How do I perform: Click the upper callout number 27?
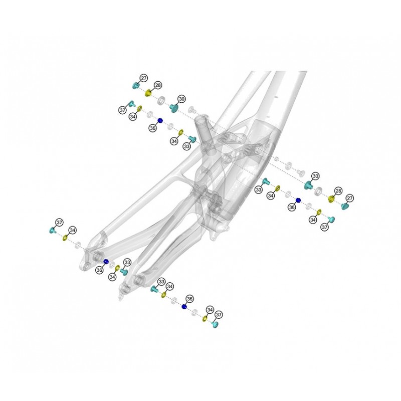click(144, 78)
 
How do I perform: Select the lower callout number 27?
click(350, 198)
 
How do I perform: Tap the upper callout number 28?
click(158, 85)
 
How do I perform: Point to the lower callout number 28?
click(338, 191)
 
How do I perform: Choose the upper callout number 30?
click(181, 99)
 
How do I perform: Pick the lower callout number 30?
click(316, 176)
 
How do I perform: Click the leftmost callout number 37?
click(59, 223)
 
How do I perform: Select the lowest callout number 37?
click(219, 315)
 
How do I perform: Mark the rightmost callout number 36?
click(292, 208)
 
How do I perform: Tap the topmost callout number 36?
click(153, 128)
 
